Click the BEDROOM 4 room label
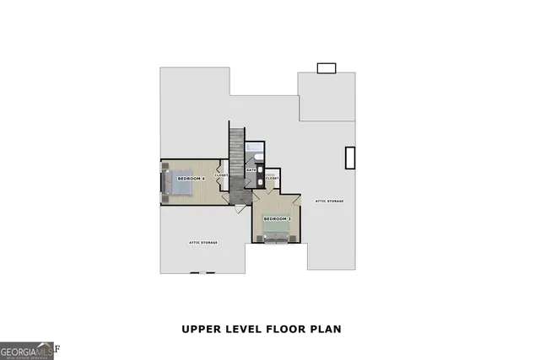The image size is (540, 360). click(191, 180)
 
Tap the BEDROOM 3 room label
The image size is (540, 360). click(277, 219)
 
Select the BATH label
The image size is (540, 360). click(251, 170)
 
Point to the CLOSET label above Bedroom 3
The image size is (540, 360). click(272, 179)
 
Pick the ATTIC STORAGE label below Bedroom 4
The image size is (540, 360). click(202, 243)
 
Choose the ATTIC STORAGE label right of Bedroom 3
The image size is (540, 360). click(329, 201)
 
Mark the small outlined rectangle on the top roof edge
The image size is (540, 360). click(326, 68)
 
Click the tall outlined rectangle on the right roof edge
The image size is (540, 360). click(349, 158)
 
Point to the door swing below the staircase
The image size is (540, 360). click(240, 207)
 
